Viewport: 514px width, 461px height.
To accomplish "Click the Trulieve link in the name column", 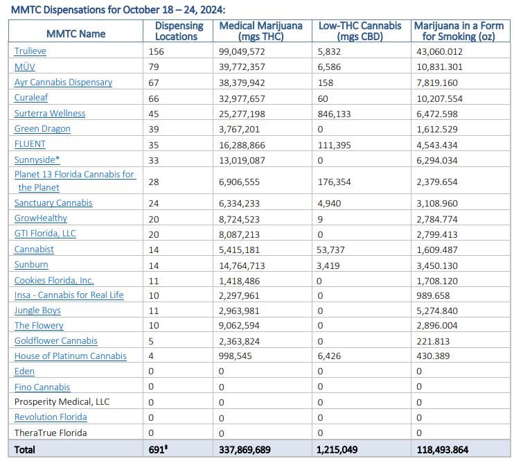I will pos(30,51).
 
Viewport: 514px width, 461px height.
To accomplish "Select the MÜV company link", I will pos(25,67).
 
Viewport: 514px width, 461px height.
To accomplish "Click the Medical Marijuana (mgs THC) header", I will pos(260,31).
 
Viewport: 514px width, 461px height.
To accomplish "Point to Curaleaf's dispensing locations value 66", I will pos(154,98).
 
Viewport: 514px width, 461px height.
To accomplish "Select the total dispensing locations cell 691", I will pos(158,450).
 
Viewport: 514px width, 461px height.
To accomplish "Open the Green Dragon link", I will pos(42,129).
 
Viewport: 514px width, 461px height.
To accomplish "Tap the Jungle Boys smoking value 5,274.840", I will pos(440,311).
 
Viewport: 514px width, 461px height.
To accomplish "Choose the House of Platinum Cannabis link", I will pos(70,356).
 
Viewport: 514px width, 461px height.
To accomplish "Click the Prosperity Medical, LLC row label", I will pos(62,402).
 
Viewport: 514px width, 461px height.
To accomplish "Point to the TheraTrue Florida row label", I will pos(51,433).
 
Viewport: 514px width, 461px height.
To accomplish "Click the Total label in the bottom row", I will pos(25,450).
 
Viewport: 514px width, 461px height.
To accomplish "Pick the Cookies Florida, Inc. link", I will pos(54,281).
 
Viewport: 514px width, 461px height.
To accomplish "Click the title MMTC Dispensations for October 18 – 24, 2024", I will pos(118,9).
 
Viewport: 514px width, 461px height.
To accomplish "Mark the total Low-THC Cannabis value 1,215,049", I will pos(338,450).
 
